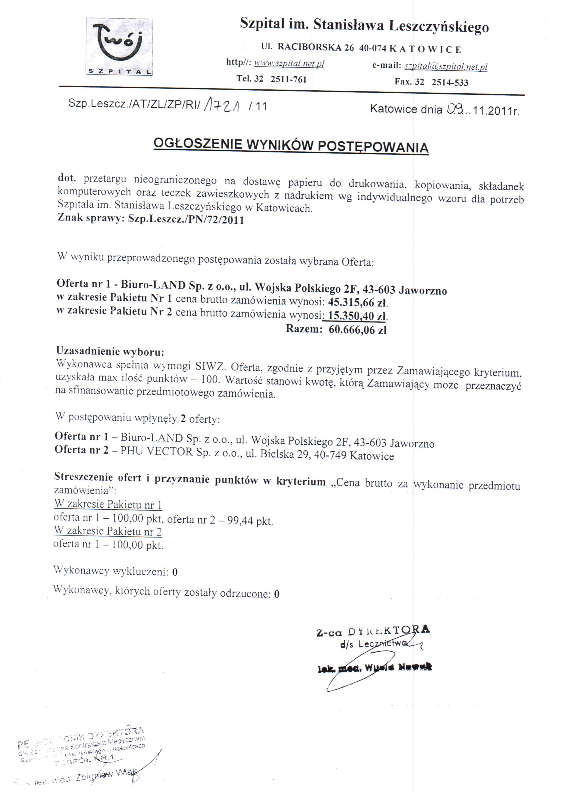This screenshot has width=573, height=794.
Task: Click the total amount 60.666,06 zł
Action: tap(357, 330)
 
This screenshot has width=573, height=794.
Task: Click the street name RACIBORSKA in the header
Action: tap(309, 47)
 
